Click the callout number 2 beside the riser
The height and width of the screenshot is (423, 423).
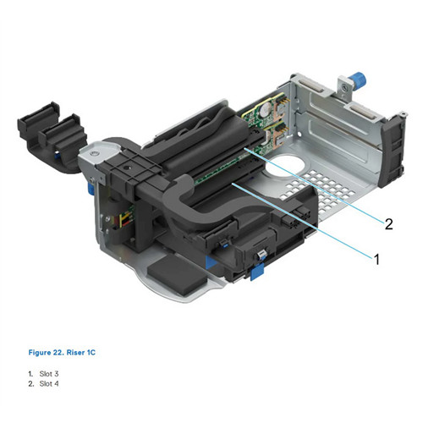tap(388, 224)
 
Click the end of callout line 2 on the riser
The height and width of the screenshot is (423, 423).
tap(245, 148)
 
